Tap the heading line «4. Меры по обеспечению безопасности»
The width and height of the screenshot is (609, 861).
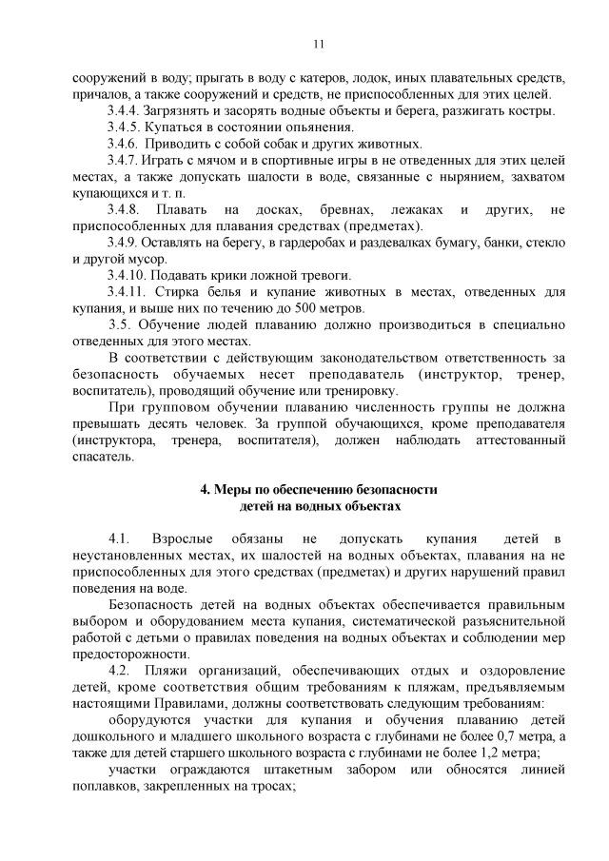pos(318,490)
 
